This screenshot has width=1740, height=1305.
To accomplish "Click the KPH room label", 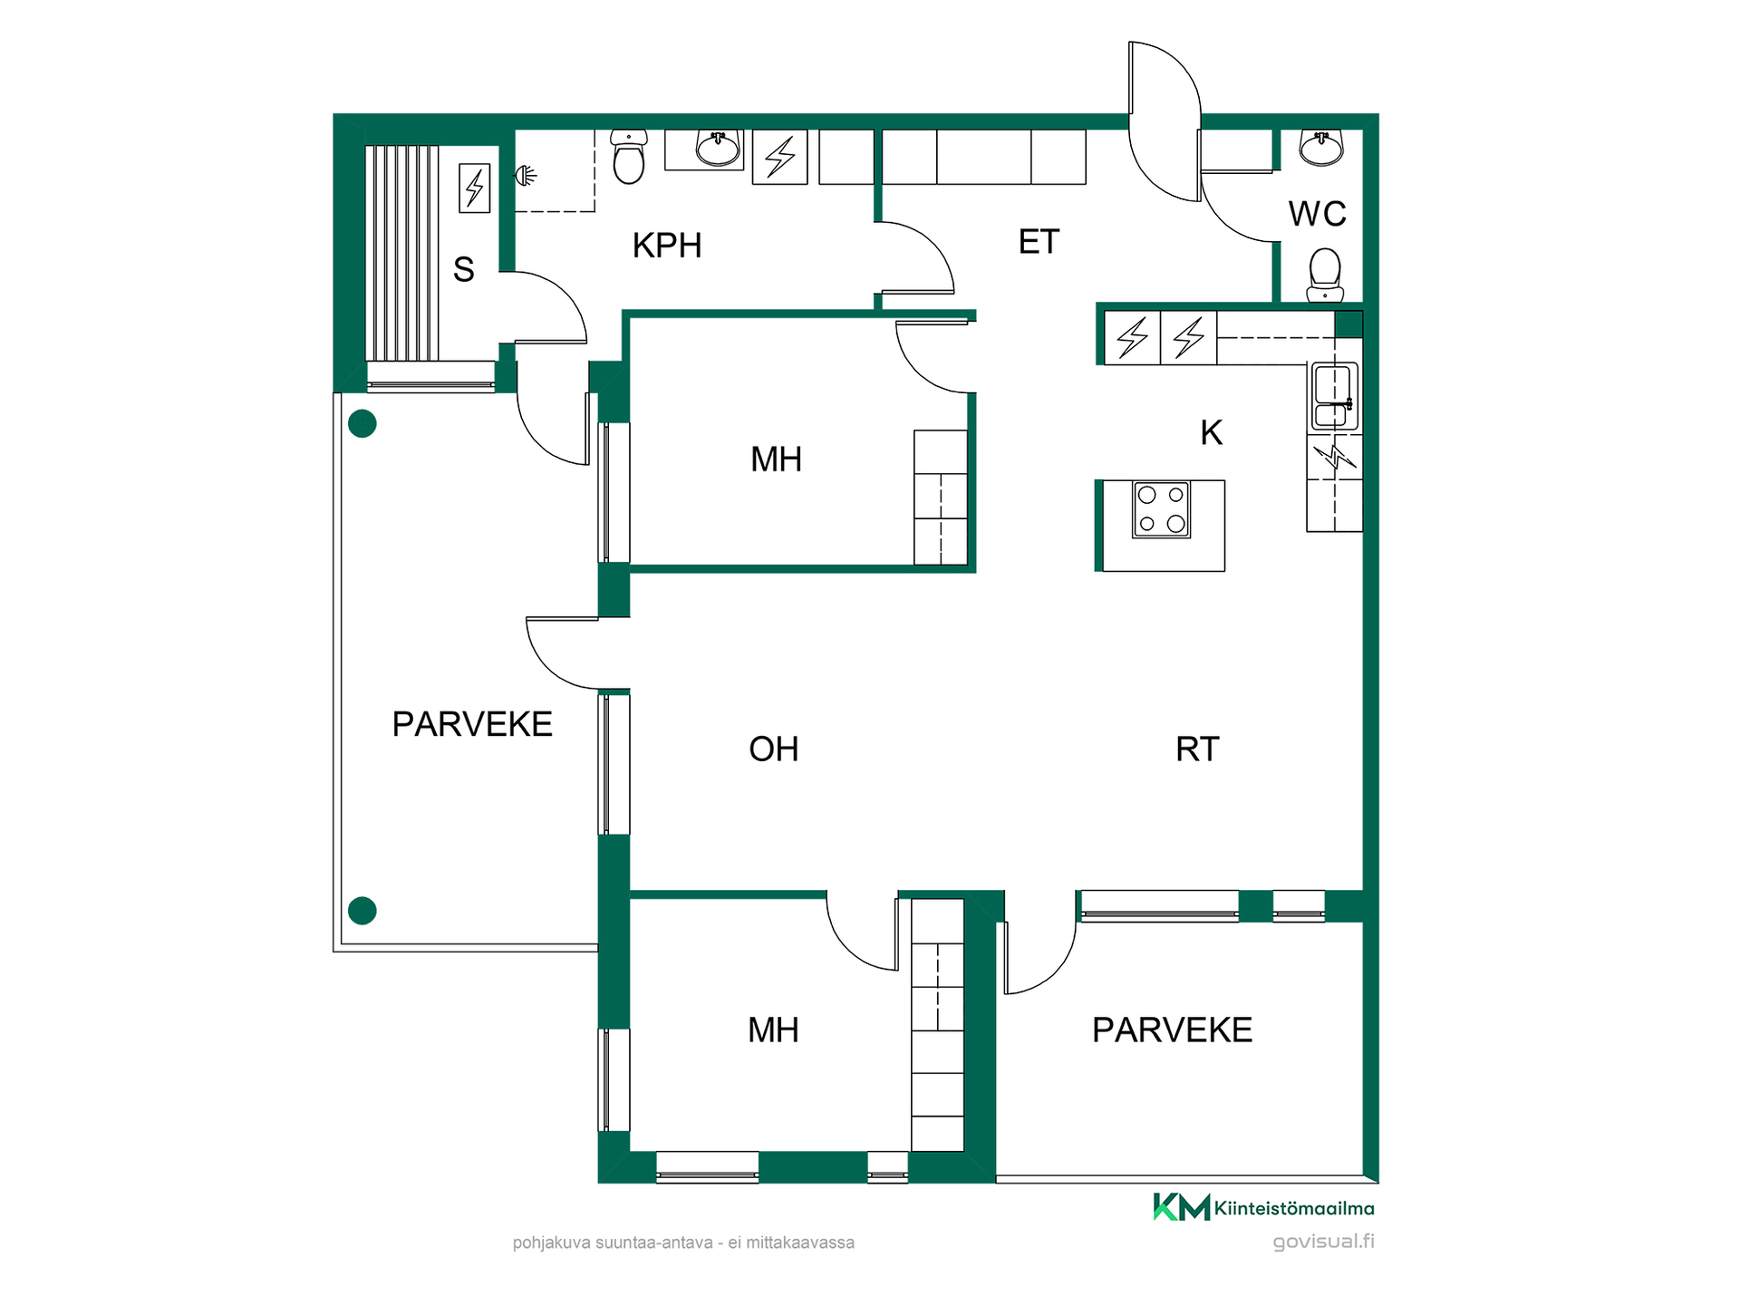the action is pos(667,246).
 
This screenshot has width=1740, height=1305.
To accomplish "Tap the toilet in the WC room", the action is pos(1325,275).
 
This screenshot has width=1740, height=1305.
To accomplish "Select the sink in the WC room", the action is pos(1320,148).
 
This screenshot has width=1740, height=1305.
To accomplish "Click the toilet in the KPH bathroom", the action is pos(629,156).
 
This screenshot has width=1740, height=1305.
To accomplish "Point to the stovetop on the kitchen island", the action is pos(1161,509).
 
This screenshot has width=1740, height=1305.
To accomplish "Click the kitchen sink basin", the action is pos(1334,396).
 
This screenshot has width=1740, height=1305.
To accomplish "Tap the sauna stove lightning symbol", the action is pos(475,188).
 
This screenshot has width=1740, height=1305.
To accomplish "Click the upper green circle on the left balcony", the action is pos(362,423).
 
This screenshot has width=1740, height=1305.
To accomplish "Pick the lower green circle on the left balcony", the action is pos(362,910).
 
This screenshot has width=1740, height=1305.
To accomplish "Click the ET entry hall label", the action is pos(1039,242).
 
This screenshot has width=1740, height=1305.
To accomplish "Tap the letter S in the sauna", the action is pos(463,269).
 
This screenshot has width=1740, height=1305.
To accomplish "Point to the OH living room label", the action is pos(774,749).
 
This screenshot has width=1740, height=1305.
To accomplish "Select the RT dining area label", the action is pos(1197,749).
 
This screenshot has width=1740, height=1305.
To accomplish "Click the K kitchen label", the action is pos(1212,433).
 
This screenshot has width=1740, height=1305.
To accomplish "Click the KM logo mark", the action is pos(1182,1207).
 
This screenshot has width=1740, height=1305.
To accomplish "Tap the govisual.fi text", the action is pos(1323,1242).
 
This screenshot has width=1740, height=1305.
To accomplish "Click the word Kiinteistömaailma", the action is pos(1294,1208).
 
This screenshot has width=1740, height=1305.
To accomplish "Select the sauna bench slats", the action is pos(402,253).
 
